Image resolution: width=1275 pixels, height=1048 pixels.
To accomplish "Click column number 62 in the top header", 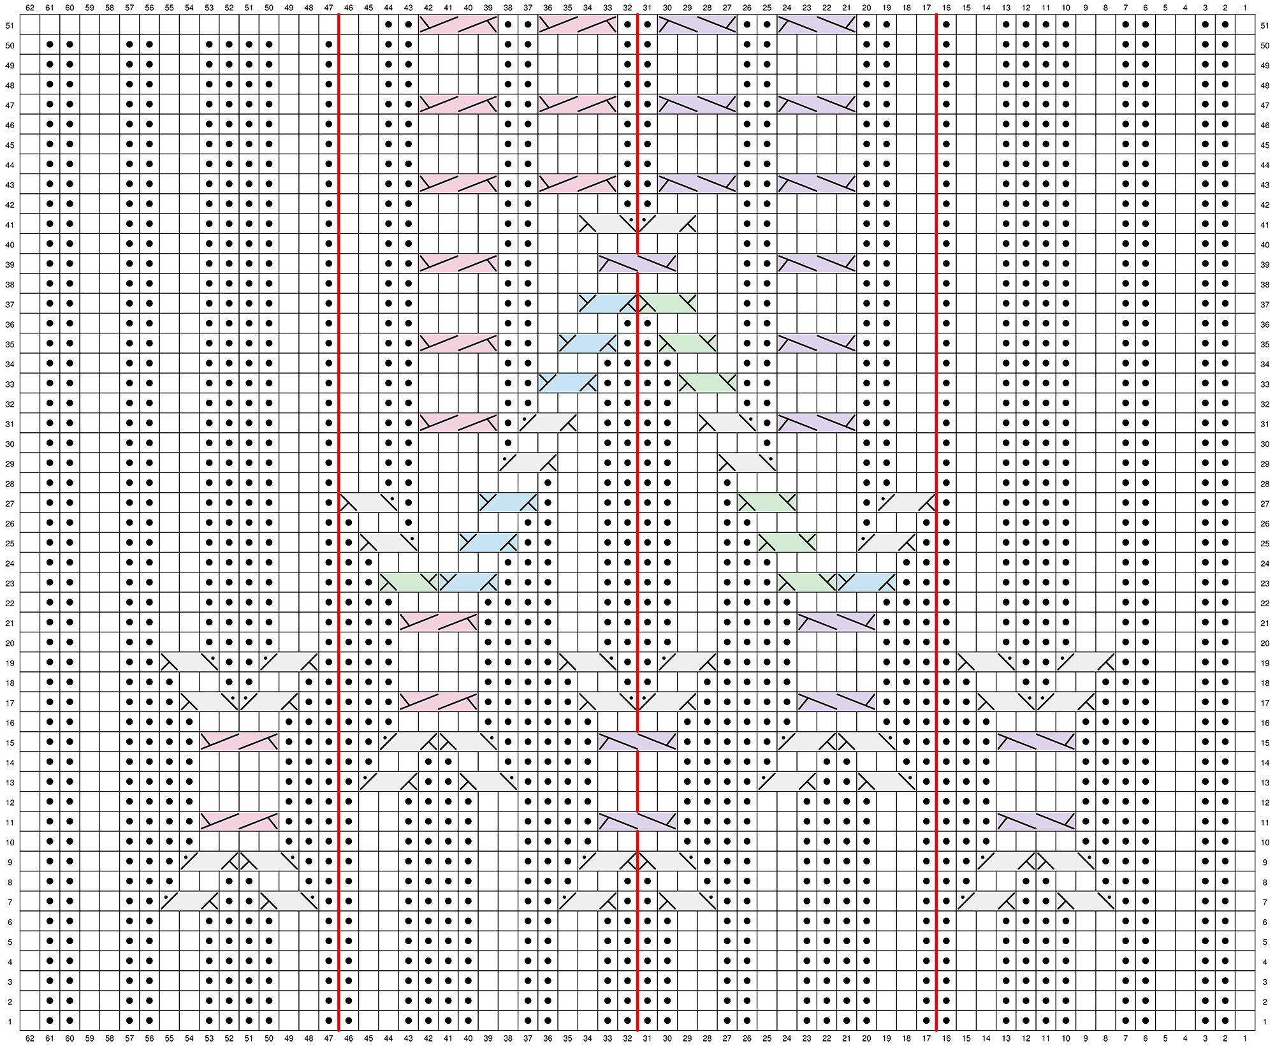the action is click(x=30, y=8).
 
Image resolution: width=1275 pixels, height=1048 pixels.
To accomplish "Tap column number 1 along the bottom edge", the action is click(x=1244, y=1038).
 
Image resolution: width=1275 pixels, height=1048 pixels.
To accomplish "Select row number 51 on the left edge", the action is click(x=10, y=26).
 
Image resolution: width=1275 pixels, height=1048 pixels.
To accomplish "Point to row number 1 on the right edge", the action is click(x=1265, y=1022).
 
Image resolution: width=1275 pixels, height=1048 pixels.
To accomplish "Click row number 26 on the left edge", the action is click(x=10, y=524).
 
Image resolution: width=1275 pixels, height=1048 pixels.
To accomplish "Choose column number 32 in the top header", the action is click(x=627, y=8).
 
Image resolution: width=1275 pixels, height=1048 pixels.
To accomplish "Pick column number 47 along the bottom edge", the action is click(x=328, y=1038).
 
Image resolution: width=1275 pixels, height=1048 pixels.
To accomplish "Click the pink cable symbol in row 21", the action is click(x=438, y=622).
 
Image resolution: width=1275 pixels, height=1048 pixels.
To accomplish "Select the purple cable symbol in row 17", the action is click(x=836, y=702).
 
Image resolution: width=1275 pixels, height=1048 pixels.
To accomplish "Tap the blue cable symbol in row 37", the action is click(x=608, y=303).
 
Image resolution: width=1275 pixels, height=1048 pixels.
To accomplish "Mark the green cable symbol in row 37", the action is click(x=667, y=303).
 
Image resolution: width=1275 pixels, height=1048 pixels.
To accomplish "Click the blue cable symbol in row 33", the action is click(x=567, y=383).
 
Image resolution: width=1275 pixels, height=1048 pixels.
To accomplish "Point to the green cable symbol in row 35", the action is click(x=687, y=344).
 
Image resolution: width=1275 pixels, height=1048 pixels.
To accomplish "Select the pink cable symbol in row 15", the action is click(x=239, y=742).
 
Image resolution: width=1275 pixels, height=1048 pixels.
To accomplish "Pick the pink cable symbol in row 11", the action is click(x=239, y=822).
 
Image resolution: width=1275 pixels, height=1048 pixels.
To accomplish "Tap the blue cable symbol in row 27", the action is click(x=508, y=503).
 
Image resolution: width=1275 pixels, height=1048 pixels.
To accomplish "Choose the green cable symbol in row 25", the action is click(x=787, y=542).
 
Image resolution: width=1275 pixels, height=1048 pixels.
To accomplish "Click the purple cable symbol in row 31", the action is click(x=817, y=423).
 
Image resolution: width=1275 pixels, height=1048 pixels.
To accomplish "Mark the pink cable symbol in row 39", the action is click(x=458, y=264).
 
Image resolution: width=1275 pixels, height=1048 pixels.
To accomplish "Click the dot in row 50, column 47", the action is click(x=328, y=45).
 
